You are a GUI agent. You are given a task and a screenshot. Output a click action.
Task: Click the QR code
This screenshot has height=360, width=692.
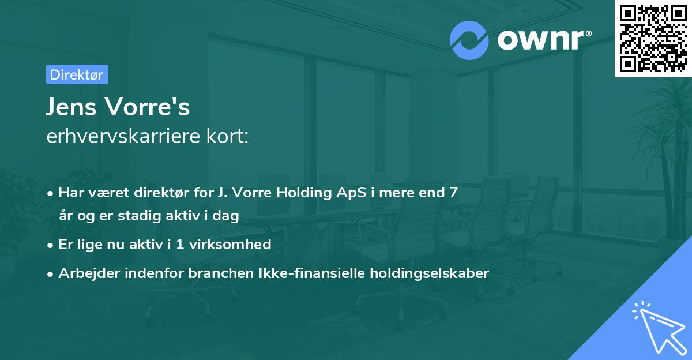point(653,38)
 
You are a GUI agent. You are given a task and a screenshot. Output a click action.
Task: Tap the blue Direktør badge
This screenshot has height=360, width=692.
point(77,74)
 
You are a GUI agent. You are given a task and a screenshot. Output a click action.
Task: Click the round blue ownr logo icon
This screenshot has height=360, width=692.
point(469,40)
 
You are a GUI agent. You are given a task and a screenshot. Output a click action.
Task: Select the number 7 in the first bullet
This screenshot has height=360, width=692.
point(454,193)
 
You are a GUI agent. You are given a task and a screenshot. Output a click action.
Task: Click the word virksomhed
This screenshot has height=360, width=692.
point(237,245)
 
